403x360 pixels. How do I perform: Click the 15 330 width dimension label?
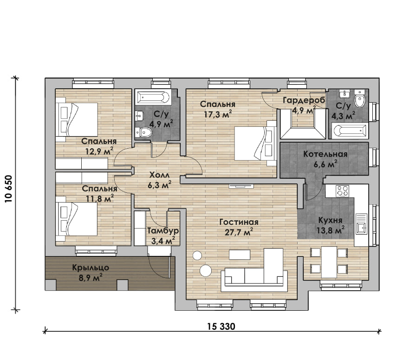coord(221,327)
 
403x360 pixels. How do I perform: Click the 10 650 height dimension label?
coord(9,189)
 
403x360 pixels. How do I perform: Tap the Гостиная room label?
coord(239,222)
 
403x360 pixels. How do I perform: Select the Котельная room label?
coord(325,154)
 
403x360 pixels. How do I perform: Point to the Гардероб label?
coord(304,100)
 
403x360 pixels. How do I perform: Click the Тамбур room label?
coord(163,231)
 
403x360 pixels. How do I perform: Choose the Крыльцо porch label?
coord(91,268)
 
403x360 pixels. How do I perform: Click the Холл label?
coord(159,175)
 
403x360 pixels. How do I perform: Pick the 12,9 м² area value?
coord(99,151)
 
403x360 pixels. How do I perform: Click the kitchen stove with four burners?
coord(342,191)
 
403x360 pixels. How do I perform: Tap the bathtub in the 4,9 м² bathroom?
coord(153,98)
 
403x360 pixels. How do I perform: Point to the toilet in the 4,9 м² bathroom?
coord(143,133)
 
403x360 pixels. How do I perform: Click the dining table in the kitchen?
coord(329,262)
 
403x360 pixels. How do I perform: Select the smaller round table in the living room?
coord(197,255)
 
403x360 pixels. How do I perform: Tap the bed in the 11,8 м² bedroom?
coord(77,219)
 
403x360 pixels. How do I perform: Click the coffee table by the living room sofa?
coord(240,255)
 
